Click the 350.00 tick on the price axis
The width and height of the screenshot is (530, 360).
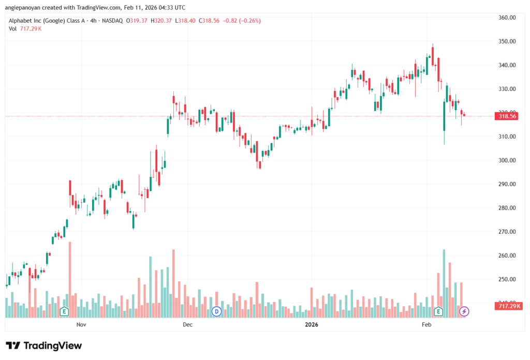(x=508, y=41)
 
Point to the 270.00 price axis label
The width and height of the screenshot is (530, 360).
(x=508, y=232)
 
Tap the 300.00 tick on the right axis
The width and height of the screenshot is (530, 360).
(x=508, y=160)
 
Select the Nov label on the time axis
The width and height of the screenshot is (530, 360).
(x=81, y=324)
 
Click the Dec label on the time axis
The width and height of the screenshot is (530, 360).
(x=187, y=324)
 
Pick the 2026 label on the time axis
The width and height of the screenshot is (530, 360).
(x=311, y=324)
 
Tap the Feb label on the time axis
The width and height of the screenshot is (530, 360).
(x=426, y=324)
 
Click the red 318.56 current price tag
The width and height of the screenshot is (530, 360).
(x=508, y=116)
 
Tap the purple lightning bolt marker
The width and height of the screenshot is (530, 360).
(x=464, y=311)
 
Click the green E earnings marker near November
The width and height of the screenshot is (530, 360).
(x=64, y=311)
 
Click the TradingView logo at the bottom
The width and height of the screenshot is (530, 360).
(x=44, y=346)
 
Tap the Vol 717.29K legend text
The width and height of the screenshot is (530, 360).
(x=25, y=28)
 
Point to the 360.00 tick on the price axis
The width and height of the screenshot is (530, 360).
(x=508, y=18)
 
